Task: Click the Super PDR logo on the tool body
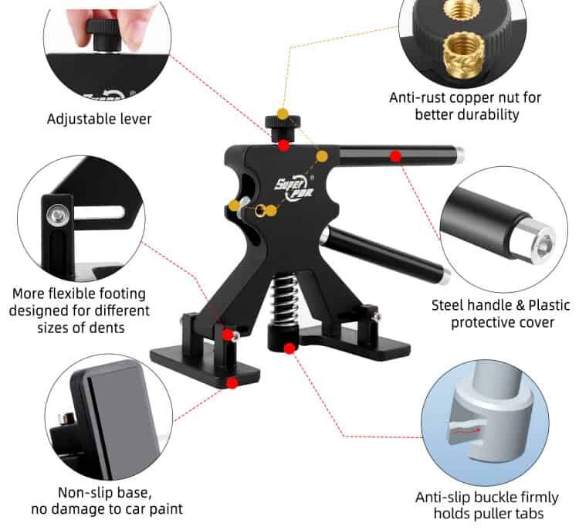294,187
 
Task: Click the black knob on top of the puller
283,128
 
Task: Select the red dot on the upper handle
395,157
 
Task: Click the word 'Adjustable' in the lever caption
76,119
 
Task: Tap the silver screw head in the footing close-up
58,214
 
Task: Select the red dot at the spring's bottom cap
289,348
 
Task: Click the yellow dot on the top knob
283,114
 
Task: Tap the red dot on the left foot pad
232,383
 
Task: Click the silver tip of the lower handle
445,277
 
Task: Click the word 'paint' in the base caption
165,509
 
